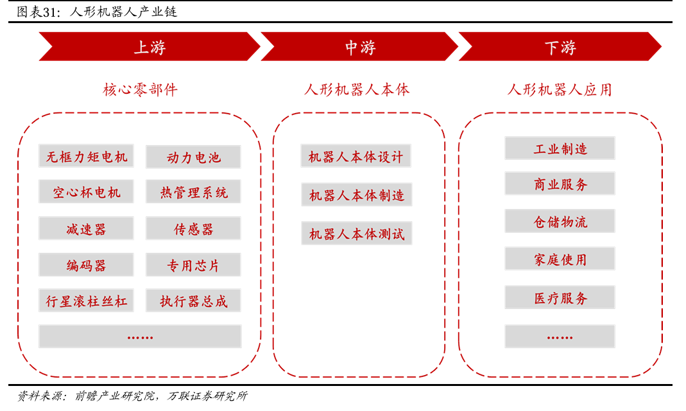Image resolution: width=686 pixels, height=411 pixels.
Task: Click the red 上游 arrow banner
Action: click(x=149, y=47)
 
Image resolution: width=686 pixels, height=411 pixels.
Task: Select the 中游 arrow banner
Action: click(x=359, y=47)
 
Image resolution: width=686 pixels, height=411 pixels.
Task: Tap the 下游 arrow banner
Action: click(x=560, y=47)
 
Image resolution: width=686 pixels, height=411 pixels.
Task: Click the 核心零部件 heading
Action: click(x=140, y=89)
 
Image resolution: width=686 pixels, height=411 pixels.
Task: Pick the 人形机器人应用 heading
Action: click(x=560, y=89)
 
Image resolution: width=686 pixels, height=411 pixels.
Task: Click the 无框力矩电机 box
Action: click(x=86, y=157)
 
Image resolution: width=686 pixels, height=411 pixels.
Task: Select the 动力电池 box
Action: click(x=193, y=157)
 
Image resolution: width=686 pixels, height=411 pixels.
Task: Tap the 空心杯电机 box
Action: click(x=86, y=192)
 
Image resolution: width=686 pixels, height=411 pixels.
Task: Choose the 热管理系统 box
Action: click(x=193, y=192)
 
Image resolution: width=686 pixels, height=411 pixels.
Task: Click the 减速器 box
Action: click(x=86, y=229)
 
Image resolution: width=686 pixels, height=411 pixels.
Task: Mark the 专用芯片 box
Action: click(x=193, y=265)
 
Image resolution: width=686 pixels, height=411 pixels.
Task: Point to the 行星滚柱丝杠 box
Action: click(x=86, y=301)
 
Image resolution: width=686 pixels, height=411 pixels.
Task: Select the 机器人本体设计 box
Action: click(x=356, y=157)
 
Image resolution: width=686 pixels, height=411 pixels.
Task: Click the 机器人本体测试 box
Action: click(x=356, y=234)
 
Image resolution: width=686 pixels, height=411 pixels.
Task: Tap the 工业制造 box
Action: click(x=560, y=148)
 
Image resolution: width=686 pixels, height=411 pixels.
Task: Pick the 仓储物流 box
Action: click(x=560, y=222)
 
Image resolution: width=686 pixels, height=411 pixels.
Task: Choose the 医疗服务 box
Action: click(x=560, y=298)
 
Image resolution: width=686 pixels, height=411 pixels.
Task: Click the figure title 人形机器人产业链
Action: click(x=122, y=12)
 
